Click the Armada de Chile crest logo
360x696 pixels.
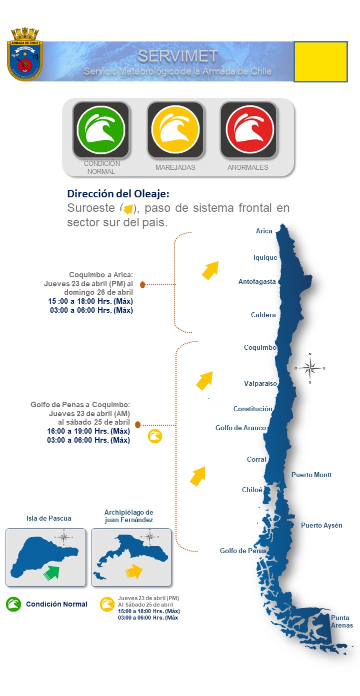pos(25,55)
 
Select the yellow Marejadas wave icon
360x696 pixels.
pos(175,129)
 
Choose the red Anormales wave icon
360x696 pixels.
pos(248,129)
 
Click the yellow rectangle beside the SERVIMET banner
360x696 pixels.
pos(320,61)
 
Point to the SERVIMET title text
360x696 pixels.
pos(177,56)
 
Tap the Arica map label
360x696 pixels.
pos(264,231)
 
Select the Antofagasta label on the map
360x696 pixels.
pos(257,282)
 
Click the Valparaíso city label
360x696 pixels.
pos(260,384)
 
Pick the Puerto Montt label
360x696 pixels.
pos(311,475)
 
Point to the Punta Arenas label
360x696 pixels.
pos(342,622)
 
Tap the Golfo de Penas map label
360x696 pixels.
pos(243,551)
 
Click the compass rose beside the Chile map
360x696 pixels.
pos(310,369)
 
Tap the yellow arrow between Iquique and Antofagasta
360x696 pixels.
pos(210,270)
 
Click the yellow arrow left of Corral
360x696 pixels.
pos(198,476)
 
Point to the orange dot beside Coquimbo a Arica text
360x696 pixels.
pos(142,285)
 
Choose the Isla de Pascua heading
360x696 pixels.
pos(49,519)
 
